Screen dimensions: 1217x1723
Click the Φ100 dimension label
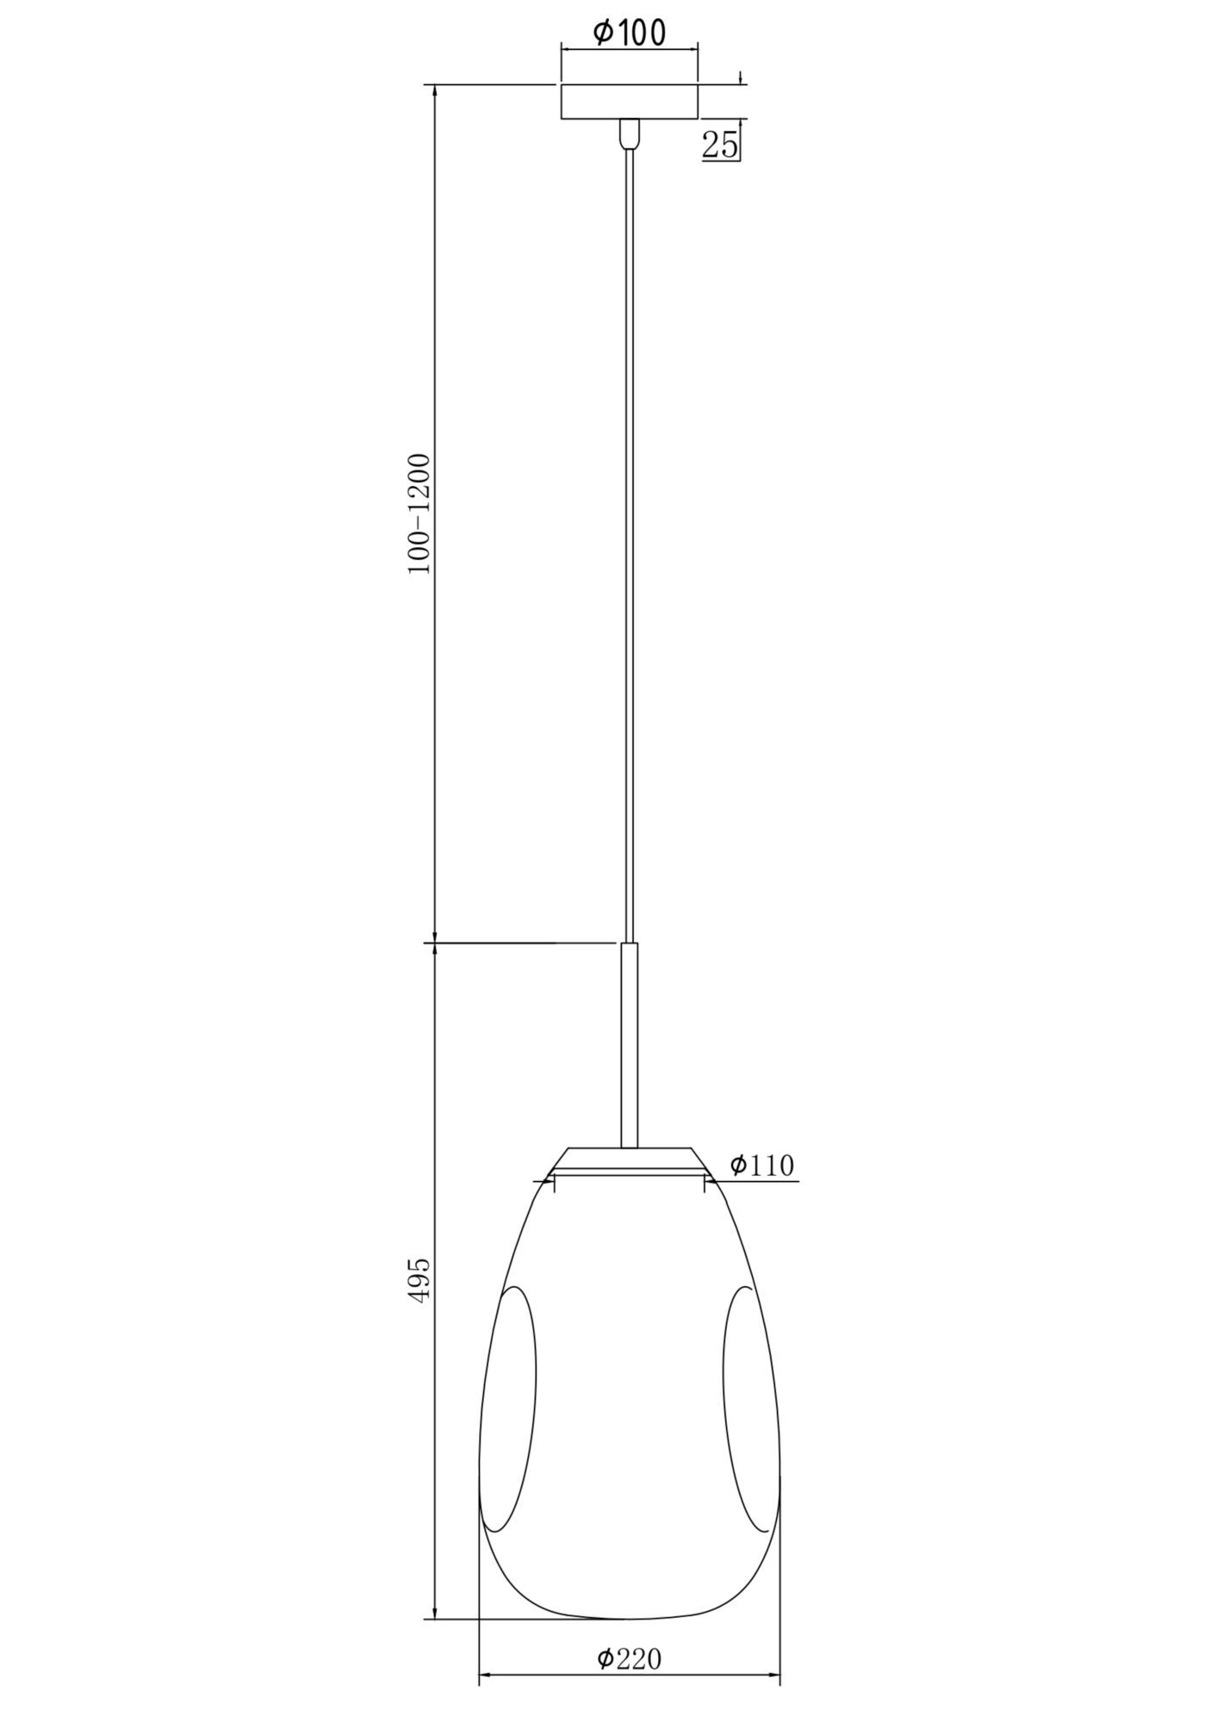pos(630,33)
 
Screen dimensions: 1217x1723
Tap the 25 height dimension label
pos(720,145)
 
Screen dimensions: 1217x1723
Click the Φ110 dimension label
pos(761,1166)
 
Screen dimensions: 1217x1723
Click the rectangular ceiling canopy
pos(630,102)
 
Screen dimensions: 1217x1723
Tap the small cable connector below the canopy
pos(630,133)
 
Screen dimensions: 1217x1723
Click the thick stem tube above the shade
pos(630,1045)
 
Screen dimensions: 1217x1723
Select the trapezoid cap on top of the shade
pos(630,1159)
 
